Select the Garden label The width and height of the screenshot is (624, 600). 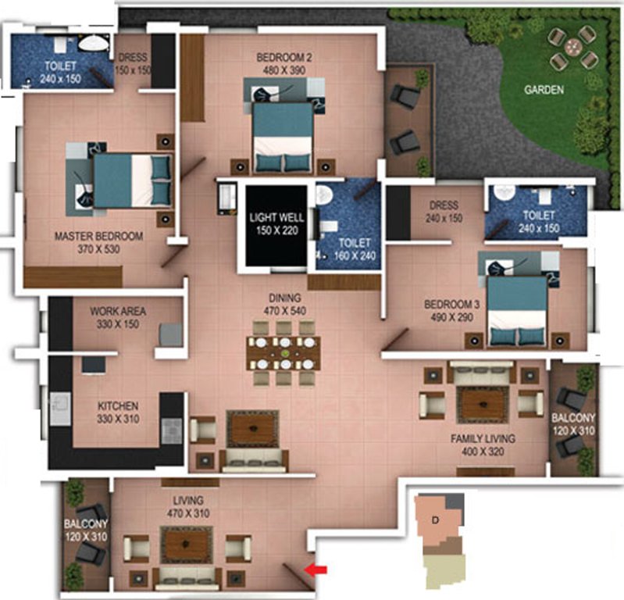pos(544,90)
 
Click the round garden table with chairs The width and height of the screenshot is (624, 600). pos(572,47)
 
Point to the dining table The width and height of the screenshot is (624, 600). pos(283,353)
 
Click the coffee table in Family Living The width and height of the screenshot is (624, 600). pos(482,404)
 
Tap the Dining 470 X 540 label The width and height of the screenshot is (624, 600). pos(283,305)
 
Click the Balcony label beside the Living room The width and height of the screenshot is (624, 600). pos(86,529)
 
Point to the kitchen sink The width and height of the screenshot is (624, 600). pos(60,409)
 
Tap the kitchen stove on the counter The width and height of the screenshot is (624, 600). pos(171,428)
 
